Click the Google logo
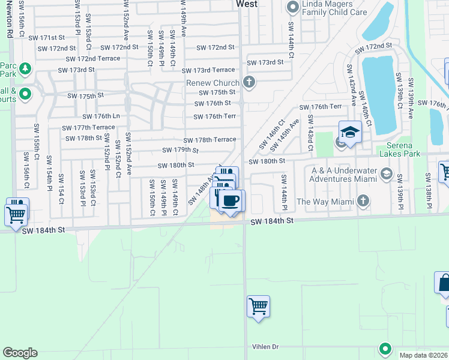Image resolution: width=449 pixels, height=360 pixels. [x=20, y=353]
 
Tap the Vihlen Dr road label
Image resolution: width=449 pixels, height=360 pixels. [x=267, y=347]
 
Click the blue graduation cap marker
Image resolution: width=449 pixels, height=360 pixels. [x=350, y=131]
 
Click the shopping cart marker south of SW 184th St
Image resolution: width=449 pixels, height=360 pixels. [x=258, y=306]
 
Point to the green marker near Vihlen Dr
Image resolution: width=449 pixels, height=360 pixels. [x=385, y=348]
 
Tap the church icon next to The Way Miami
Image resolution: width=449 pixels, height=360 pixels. [x=363, y=201]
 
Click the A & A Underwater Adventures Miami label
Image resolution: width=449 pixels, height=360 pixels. [x=342, y=175]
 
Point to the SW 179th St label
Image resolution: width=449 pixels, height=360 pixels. [x=181, y=150]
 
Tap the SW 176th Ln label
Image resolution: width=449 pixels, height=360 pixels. [x=104, y=116]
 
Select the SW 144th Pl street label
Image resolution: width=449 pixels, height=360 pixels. [x=284, y=193]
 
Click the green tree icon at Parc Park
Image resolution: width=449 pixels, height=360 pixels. [x=25, y=70]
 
